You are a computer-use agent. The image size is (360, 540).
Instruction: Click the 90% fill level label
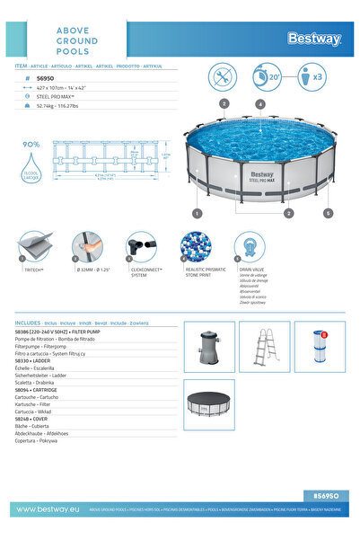31,144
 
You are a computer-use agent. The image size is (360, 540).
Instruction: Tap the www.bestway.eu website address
49,509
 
